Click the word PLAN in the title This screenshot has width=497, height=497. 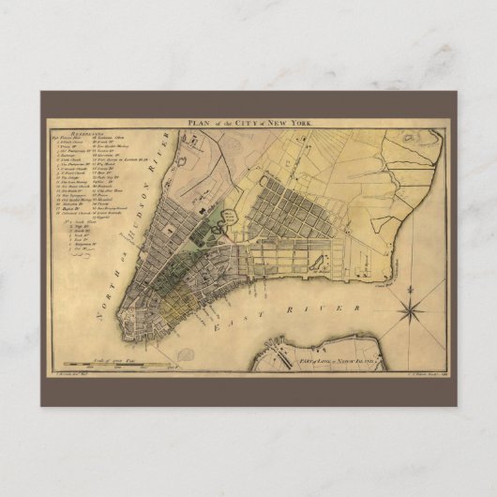pos(197,123)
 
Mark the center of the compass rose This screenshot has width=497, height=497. pos(413,307)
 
